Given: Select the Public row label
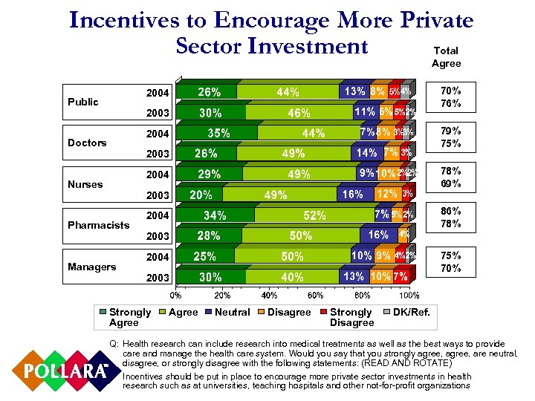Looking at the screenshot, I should [82, 102].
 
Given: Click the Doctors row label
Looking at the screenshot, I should [86, 143].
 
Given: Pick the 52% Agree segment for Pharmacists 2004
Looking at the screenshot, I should [314, 216].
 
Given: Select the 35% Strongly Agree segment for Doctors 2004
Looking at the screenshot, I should [218, 134].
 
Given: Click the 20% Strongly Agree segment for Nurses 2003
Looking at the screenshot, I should [200, 195].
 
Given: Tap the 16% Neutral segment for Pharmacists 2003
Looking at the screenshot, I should [378, 235].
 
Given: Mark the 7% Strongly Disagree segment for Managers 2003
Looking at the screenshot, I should [401, 276].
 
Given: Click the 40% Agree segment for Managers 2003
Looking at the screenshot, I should [292, 277].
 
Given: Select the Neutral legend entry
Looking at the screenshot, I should [232, 313].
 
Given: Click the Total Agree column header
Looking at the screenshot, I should [446, 57].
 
